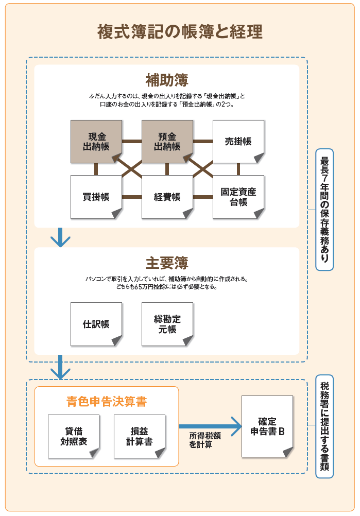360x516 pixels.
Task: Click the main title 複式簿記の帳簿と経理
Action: tap(180, 32)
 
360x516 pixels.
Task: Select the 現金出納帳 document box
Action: tap(96, 142)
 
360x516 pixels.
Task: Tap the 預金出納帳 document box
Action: tap(167, 142)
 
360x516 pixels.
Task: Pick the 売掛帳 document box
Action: tap(238, 142)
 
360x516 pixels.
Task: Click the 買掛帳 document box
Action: tap(96, 197)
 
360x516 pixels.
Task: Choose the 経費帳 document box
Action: tap(167, 197)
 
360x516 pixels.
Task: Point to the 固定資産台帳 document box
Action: tap(238, 197)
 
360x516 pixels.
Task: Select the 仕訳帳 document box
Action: tap(96, 324)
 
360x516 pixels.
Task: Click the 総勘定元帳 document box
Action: tap(167, 324)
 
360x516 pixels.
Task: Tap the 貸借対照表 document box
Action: tap(74, 436)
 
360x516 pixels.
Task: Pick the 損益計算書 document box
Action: tap(140, 436)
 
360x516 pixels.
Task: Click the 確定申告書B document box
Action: tap(267, 426)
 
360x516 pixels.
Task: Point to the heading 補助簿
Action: tap(167, 80)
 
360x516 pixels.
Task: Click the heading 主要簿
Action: tap(167, 263)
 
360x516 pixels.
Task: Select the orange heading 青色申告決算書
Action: tap(107, 402)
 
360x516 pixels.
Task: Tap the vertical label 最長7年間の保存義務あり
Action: tap(324, 210)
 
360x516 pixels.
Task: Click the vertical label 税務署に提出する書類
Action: tap(324, 426)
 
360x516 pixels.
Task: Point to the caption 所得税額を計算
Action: tap(204, 440)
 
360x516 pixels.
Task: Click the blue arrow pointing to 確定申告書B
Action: tap(211, 426)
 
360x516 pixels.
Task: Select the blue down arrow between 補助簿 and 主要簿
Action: tap(60, 237)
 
